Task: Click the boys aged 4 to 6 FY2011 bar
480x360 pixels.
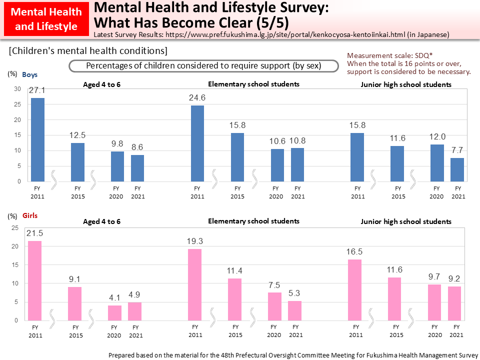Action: [x=37, y=139]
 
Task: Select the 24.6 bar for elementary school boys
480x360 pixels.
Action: [x=197, y=143]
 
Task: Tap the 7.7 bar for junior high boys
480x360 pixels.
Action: [x=457, y=169]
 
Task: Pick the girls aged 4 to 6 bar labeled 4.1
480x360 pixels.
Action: [x=114, y=312]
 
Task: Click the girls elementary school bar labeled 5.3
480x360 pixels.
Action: [x=294, y=310]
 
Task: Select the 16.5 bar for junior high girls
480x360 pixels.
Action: [x=354, y=289]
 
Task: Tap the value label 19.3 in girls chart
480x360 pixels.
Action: [x=194, y=241]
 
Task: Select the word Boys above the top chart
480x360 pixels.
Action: [x=29, y=74]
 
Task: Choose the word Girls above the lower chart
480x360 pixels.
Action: [x=29, y=216]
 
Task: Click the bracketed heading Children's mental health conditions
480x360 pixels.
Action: [x=88, y=51]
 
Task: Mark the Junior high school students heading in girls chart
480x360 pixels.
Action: [x=406, y=221]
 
